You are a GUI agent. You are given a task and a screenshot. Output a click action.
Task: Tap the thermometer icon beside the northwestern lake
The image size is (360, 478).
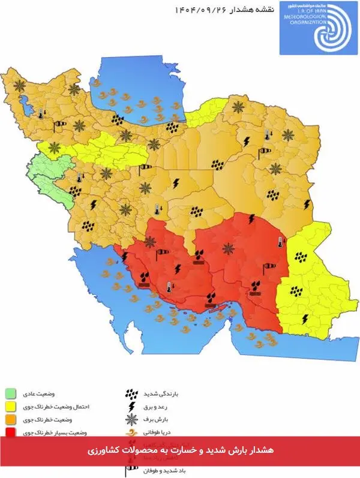click(41, 113)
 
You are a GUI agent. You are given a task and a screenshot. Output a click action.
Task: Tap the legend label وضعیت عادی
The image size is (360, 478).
click(73, 394)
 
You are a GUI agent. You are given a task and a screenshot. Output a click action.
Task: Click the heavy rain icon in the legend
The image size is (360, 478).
click(131, 395)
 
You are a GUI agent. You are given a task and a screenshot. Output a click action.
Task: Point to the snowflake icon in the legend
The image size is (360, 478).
click(131, 420)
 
